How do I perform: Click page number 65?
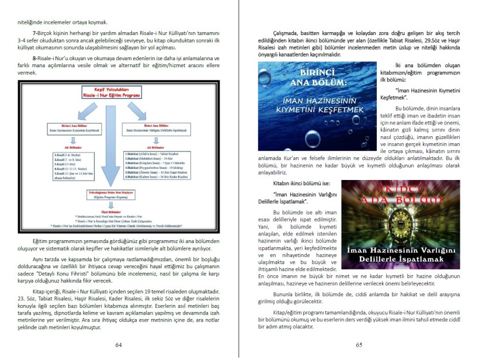(359, 344)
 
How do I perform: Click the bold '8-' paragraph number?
(36, 59)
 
